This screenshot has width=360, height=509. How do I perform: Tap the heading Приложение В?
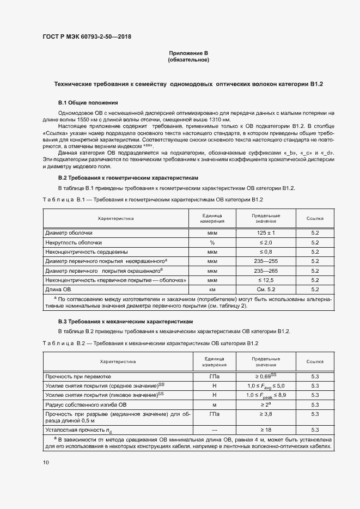coord(188,53)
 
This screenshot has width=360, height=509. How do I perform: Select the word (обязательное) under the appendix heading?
coord(188,60)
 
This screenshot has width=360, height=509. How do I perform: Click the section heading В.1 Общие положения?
coord(88,102)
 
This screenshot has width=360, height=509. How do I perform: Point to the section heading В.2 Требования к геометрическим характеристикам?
coord(129,178)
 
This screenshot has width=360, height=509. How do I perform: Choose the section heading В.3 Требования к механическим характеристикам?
coord(126,322)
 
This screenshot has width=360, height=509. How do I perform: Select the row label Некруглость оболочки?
coord(74,242)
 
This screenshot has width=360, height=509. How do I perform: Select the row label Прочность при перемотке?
coord(78,376)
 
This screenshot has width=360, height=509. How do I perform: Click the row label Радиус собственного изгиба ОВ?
coord(86,404)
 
